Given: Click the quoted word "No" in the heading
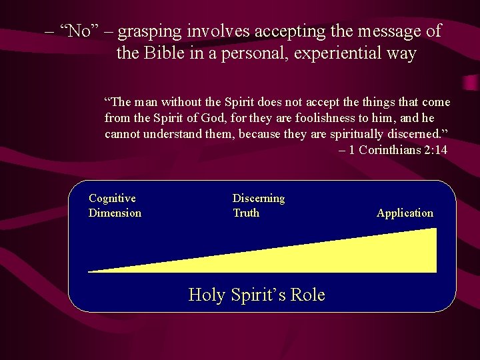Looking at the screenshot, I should (79, 31).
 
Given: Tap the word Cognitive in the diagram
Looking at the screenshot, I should (112, 198).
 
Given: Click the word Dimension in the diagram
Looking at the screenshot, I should (115, 213).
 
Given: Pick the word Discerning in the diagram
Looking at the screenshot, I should (258, 198).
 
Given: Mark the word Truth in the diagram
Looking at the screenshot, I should (245, 213).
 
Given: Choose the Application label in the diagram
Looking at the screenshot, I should (405, 213).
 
